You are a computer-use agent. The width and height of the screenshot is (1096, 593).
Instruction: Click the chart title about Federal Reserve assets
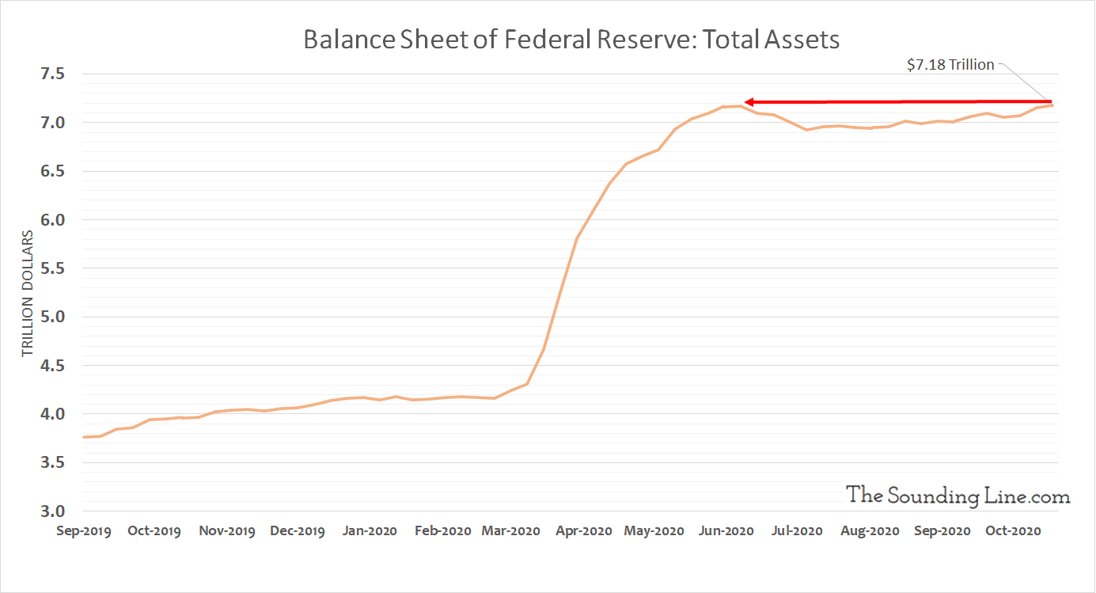pos(571,40)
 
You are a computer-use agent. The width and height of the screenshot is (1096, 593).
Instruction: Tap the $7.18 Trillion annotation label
pos(950,65)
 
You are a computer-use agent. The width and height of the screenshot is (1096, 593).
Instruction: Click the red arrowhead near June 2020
pos(749,102)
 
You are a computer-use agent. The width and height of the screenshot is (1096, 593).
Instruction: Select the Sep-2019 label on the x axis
pos(84,531)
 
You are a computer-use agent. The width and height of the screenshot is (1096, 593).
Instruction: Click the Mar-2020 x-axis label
pos(510,531)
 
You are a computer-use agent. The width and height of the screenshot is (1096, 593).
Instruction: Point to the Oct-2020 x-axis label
pos(1012,531)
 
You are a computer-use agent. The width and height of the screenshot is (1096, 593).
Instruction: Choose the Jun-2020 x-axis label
pos(726,531)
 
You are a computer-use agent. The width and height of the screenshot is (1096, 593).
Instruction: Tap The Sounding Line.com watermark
pos(958,496)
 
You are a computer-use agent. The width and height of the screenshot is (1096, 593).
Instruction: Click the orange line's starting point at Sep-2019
pos(84,437)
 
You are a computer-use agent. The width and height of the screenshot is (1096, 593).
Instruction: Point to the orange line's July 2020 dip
pos(806,129)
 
